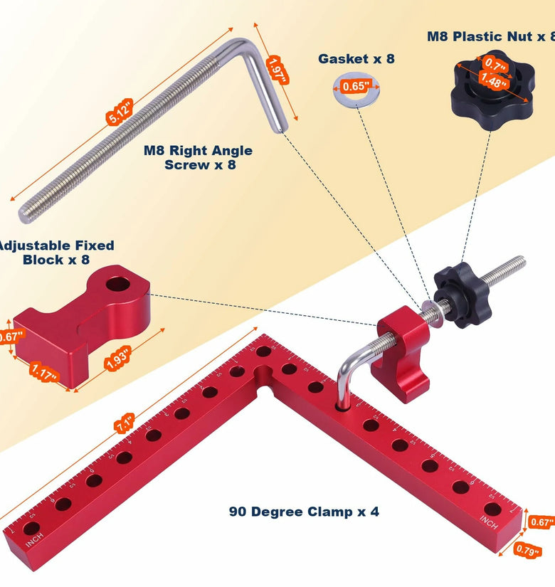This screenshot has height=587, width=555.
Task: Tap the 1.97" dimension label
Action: pyautogui.click(x=276, y=72)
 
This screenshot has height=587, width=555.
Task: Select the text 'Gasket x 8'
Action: pyautogui.click(x=356, y=59)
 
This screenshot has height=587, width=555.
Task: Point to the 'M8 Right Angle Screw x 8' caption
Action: pyautogui.click(x=199, y=157)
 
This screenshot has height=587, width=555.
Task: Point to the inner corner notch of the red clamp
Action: pyautogui.click(x=268, y=388)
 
